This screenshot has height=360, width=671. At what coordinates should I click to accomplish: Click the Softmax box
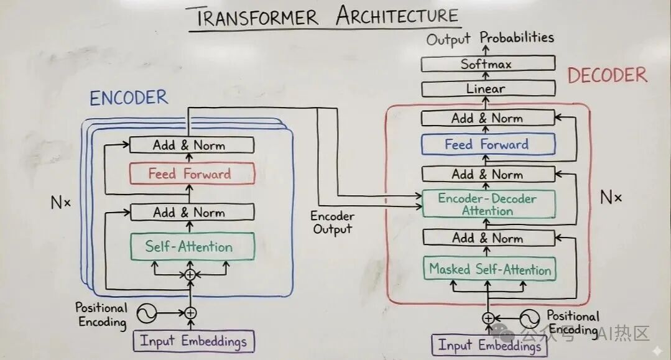pos(488,63)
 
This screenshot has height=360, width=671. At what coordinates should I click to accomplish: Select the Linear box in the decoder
pos(488,89)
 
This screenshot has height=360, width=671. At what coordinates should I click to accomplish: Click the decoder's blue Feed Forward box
pos(488,145)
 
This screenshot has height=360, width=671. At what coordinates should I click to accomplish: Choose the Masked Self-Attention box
pos(490,270)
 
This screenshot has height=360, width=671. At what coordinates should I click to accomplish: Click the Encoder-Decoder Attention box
pos(488,204)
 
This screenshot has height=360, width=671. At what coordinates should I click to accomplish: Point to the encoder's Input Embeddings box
pos(194,341)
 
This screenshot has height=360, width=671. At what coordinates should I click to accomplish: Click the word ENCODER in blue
pos(129,98)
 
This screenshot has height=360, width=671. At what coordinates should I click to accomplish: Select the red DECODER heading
pos(607,76)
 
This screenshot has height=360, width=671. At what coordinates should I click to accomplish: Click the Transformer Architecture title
pos(327,17)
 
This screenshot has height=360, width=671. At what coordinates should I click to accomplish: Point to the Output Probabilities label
pos(489,39)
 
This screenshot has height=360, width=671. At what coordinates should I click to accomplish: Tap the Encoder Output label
pos(333,223)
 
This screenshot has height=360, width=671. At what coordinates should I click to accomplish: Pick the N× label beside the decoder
pos(611,198)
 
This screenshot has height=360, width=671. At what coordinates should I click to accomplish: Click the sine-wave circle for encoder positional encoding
pos(147,313)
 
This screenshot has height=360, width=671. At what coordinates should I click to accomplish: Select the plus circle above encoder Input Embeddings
pos(190,313)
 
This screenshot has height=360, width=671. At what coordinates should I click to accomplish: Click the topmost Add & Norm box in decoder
pos(488,118)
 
